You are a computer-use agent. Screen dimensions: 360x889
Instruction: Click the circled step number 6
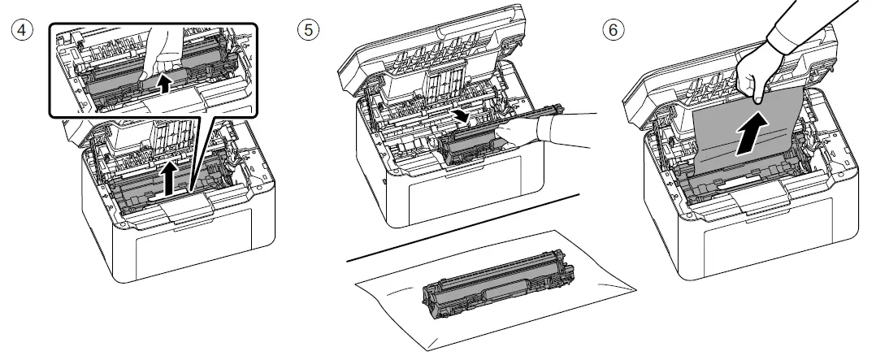point(610,29)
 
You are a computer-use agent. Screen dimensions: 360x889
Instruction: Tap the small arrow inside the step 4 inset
point(166,83)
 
